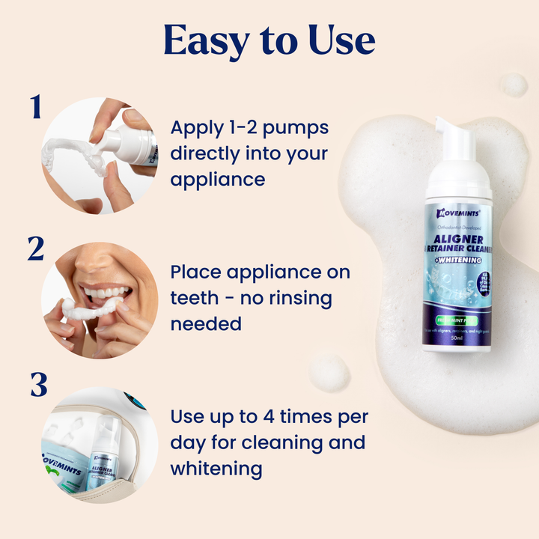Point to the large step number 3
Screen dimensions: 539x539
pos(38,385)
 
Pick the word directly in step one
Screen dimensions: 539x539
pos(207,153)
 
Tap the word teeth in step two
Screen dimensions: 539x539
pos(194,298)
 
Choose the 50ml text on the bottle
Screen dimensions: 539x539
pos(457,338)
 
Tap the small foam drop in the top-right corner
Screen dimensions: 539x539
pos(514,84)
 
